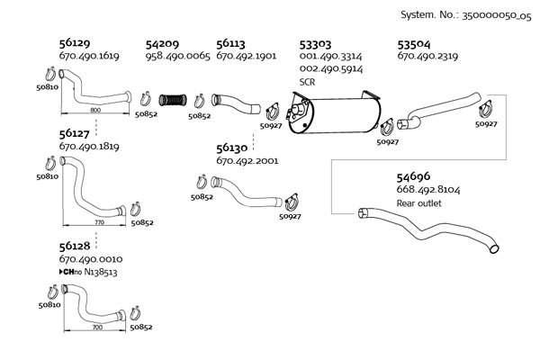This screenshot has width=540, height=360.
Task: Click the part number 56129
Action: tap(75, 43)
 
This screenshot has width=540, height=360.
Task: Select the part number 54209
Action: tap(162, 43)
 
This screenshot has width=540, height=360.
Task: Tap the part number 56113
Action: tap(232, 43)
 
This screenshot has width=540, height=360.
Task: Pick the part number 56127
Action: tap(75, 133)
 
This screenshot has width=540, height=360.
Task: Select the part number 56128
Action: tap(75, 246)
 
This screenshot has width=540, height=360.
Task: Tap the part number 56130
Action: tap(232, 148)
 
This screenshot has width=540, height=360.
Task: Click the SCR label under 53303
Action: tap(306, 81)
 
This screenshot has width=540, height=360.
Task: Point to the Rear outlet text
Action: tap(418, 203)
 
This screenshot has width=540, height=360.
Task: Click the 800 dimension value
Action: tap(95, 109)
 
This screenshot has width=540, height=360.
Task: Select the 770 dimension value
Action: tap(99, 221)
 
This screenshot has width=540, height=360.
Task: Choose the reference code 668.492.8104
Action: tap(430, 191)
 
